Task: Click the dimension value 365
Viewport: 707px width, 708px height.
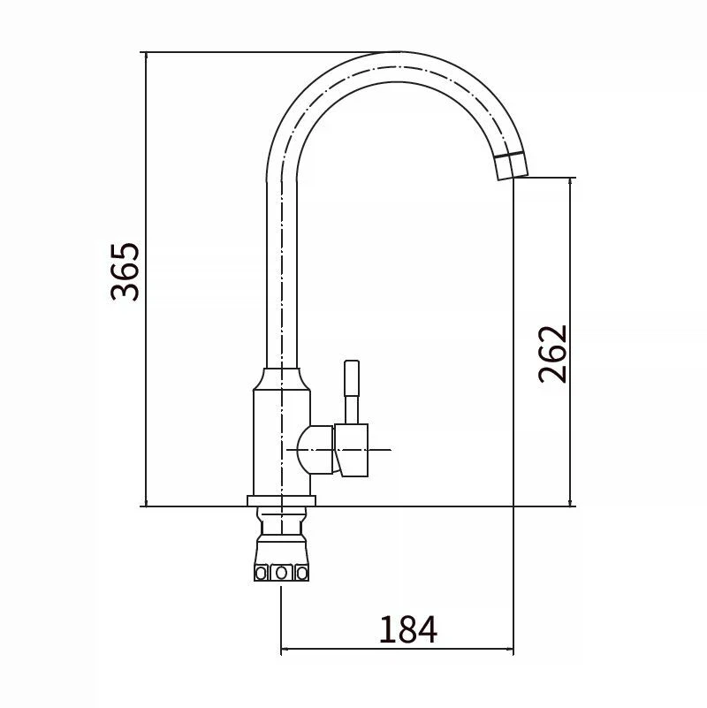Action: point(125,272)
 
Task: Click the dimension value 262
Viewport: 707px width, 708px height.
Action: point(552,354)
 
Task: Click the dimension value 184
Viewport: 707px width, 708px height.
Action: point(407,629)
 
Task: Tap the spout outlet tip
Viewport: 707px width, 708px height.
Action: point(513,177)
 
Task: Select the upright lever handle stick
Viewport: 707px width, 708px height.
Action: point(351,392)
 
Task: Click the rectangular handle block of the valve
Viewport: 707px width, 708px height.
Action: point(351,450)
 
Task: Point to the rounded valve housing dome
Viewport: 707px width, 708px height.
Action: point(315,450)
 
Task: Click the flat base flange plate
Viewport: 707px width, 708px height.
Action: point(281,500)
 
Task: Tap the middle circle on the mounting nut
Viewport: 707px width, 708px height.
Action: point(281,573)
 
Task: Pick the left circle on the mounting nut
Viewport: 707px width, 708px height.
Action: point(261,574)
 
